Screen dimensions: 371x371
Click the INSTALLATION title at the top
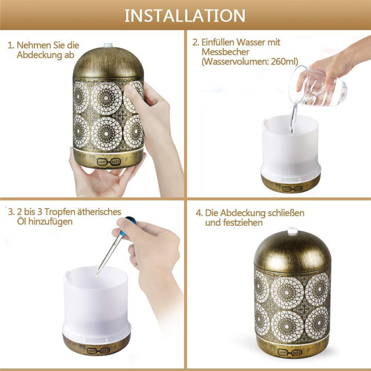[185, 16]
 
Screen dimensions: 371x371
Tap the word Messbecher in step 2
[225, 52]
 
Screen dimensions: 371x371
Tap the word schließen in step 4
[286, 213]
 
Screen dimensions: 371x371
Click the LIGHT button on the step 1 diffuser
[102, 162]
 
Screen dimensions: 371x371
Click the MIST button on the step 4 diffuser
[297, 353]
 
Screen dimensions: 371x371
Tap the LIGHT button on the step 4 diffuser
[283, 352]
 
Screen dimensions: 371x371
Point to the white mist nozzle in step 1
[108, 45]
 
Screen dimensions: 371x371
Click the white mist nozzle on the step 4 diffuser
[293, 229]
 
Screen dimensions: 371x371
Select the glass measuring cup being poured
[318, 86]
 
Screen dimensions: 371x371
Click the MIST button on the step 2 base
[298, 189]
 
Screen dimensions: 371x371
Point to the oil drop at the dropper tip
[97, 276]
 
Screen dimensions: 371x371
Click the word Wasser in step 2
[251, 42]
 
